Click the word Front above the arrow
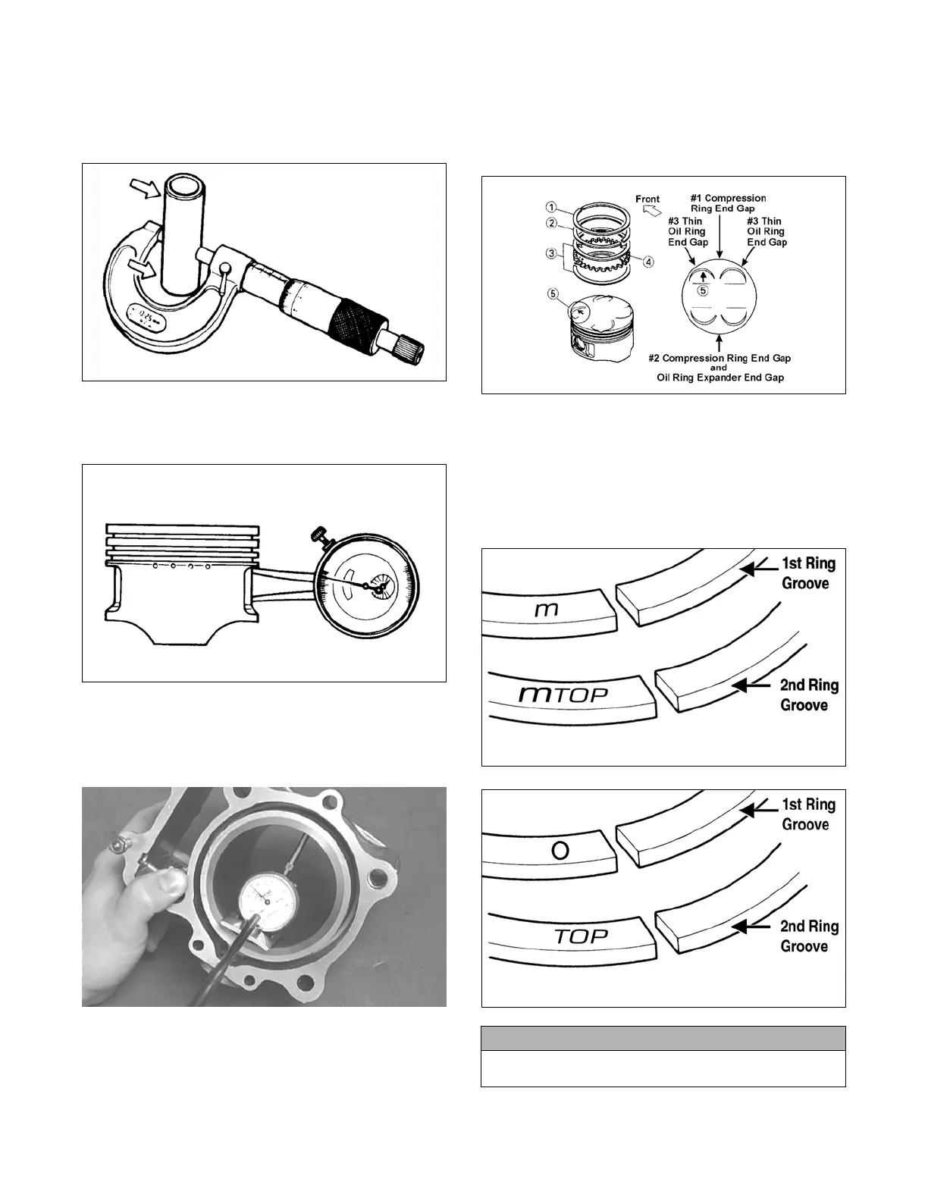[647, 199]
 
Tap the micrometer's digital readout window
[146, 316]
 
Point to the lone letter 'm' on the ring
[547, 609]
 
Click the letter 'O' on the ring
[560, 851]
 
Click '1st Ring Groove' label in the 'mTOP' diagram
[807, 573]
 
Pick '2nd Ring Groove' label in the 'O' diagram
[808, 936]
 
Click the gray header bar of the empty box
[663, 1038]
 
